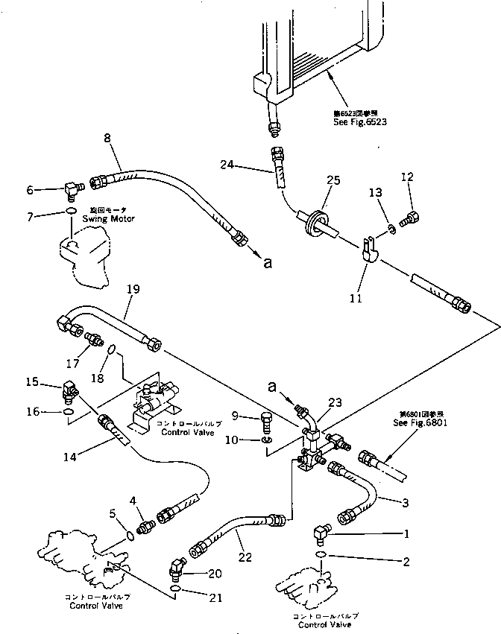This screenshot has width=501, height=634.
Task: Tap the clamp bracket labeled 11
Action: [x=367, y=249]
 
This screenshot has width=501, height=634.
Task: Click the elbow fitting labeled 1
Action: [x=321, y=532]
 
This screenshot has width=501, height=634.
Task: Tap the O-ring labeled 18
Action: [x=110, y=349]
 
